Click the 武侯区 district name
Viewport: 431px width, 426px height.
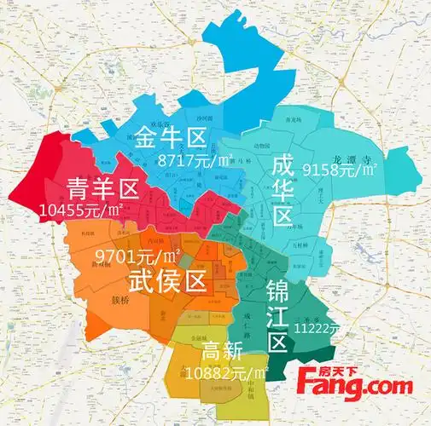click(x=167, y=279)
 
